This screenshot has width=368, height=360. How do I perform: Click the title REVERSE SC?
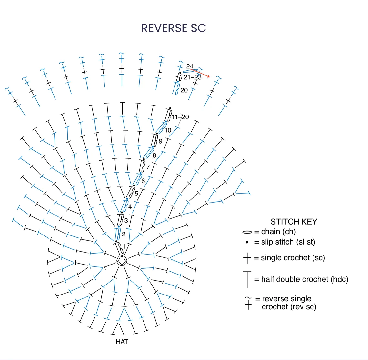(x=174, y=28)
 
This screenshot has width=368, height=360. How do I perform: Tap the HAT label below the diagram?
(x=122, y=342)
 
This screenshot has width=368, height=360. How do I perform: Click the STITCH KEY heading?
(x=294, y=222)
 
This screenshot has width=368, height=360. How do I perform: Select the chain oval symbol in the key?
(x=247, y=232)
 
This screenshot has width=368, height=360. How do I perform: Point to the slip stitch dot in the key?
(x=247, y=242)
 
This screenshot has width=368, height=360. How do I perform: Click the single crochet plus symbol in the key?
(x=247, y=258)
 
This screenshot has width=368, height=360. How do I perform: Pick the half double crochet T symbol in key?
(x=247, y=279)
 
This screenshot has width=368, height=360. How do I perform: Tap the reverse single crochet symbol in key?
(x=248, y=303)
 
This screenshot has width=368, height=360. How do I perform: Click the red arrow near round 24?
(x=200, y=73)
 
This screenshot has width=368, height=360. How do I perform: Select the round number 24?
(x=190, y=66)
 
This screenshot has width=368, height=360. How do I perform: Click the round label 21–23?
(x=193, y=77)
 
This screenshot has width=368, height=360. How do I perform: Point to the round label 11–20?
(x=180, y=117)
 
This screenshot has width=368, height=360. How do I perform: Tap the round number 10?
(x=168, y=130)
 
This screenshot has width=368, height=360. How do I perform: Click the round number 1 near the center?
(x=124, y=246)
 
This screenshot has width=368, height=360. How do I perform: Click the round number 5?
(x=136, y=194)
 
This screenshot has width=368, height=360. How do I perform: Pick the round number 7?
(x=148, y=167)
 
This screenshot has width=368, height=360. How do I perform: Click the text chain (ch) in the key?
(x=278, y=232)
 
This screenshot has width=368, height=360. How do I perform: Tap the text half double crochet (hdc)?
(x=305, y=279)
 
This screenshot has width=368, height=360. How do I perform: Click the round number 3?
(x=126, y=221)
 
